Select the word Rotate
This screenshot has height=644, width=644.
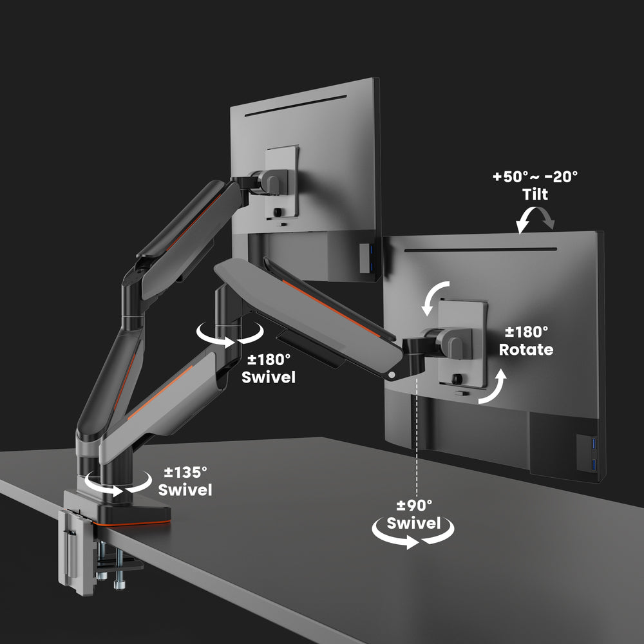point(526,350)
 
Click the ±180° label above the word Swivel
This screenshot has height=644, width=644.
point(269,359)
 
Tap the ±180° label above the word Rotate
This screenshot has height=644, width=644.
point(526,332)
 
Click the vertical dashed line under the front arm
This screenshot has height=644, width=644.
point(418,438)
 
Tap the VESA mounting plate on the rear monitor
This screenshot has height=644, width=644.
point(283,184)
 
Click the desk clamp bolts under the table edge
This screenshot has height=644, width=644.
point(109,567)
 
